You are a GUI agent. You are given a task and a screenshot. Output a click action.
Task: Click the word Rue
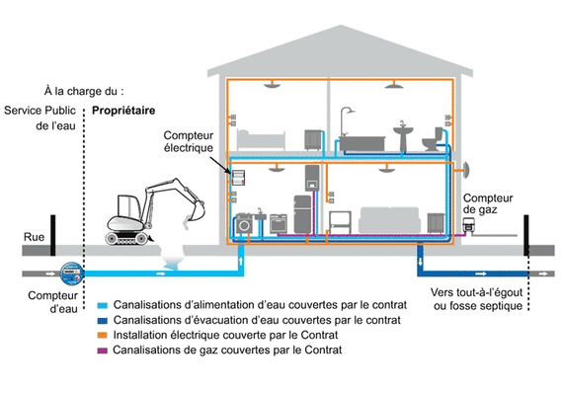click(x=35, y=238)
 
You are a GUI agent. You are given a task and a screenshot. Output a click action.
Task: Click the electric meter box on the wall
click(x=238, y=177)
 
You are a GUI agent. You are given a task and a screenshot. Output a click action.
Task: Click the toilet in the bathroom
click(x=431, y=142)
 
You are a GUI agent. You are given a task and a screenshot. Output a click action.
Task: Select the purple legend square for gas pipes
click(x=104, y=351)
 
